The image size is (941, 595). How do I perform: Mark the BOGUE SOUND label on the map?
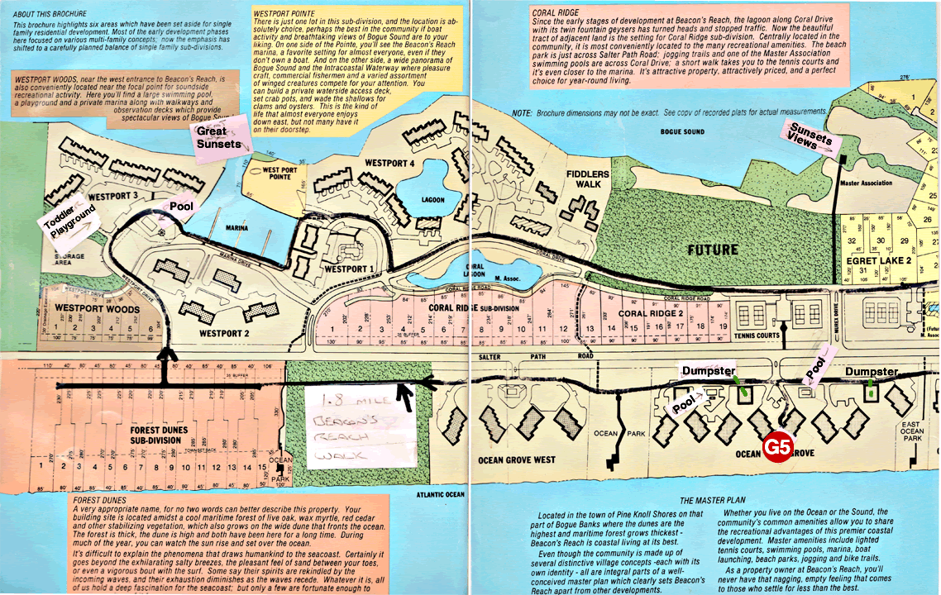tap(682, 131)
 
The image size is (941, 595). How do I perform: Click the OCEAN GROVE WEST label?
tap(517, 459)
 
